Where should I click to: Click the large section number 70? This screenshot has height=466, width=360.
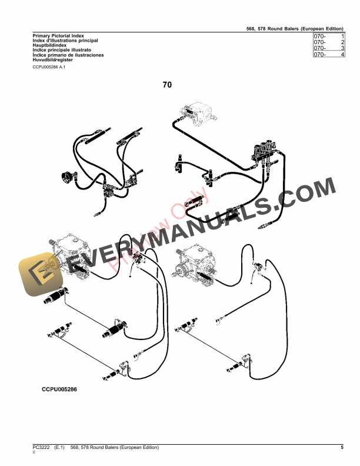168,85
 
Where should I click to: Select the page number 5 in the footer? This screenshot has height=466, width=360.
342,448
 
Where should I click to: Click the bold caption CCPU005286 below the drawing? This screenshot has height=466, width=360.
59,390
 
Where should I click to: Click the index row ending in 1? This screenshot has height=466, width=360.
328,36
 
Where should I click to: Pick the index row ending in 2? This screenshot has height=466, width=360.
328,42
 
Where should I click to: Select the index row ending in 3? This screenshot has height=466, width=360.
328,48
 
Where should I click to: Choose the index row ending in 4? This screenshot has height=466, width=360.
328,55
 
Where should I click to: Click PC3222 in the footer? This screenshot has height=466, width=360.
42,448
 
